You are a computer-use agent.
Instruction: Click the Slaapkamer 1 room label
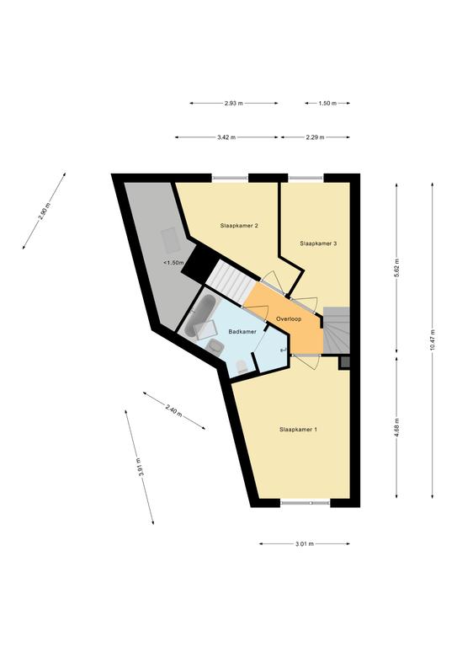pyautogui.click(x=298, y=430)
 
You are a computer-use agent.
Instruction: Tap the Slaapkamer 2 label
pyautogui.click(x=239, y=226)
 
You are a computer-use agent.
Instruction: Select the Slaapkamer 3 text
pyautogui.click(x=318, y=243)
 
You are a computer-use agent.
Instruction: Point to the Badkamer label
pyautogui.click(x=242, y=331)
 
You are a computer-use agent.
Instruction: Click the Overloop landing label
pyautogui.click(x=289, y=319)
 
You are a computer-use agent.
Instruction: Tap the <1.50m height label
pyautogui.click(x=173, y=263)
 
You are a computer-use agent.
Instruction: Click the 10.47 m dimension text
pyautogui.click(x=433, y=340)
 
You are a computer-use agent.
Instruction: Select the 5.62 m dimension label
pyautogui.click(x=397, y=268)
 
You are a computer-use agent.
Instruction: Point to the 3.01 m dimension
pyautogui.click(x=305, y=544)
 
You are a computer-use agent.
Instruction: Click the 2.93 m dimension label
pyautogui.click(x=234, y=104)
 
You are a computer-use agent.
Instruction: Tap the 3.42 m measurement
pyautogui.click(x=226, y=137)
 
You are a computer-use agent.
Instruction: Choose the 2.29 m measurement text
pyautogui.click(x=316, y=137)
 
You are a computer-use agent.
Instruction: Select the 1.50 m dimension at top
pyautogui.click(x=327, y=104)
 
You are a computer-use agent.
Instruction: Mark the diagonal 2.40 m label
pyautogui.click(x=173, y=410)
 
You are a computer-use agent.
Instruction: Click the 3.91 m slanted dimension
pyautogui.click(x=140, y=468)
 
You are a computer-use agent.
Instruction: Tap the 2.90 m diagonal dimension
pyautogui.click(x=45, y=211)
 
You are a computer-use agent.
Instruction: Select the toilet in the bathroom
pyautogui.click(x=241, y=366)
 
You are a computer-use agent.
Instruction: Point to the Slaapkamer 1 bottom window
pyautogui.click(x=306, y=503)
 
